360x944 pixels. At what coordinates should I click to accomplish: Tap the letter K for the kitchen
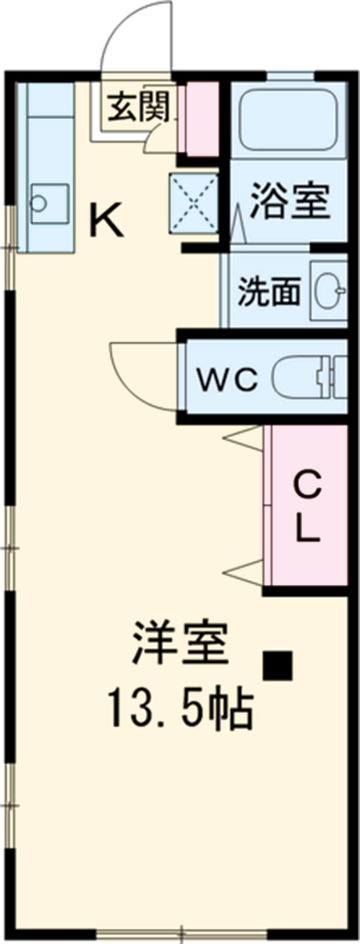106,220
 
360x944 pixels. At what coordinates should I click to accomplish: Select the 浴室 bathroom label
290,200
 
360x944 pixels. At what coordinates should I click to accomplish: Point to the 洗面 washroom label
268,292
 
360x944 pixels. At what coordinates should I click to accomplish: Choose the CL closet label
308,507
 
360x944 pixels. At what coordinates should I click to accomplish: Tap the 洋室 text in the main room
181,643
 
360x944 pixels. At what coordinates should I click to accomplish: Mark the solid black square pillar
277,666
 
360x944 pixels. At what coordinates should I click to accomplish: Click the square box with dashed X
193,203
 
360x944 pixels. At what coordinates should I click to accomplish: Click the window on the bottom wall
181,933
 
